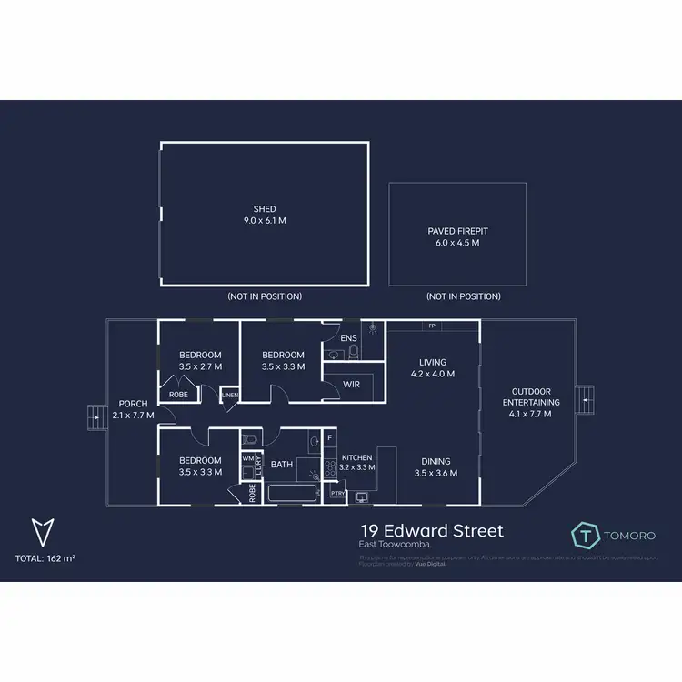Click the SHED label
265,209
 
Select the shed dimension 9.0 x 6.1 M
265,221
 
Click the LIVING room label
433,362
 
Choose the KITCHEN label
356,458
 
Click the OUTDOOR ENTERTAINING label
532,396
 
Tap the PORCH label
132,404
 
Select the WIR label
351,386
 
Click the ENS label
348,338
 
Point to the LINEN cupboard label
229,395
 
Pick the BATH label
281,465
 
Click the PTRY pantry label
337,494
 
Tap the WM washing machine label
247,459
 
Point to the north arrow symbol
41,531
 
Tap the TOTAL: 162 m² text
45,557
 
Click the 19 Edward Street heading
431,530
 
